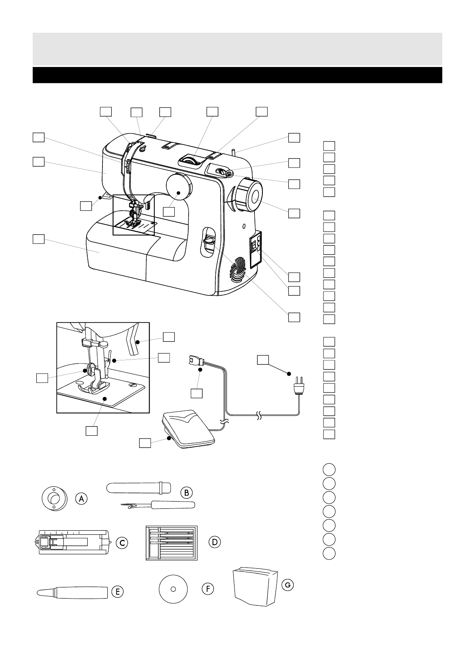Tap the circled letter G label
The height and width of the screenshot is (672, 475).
[287, 585]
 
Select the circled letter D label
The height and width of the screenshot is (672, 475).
[215, 542]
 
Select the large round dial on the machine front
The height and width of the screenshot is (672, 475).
[178, 187]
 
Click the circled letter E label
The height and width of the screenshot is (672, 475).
[117, 592]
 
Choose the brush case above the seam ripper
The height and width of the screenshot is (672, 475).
[138, 488]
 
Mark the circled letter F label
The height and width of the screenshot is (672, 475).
[208, 588]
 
